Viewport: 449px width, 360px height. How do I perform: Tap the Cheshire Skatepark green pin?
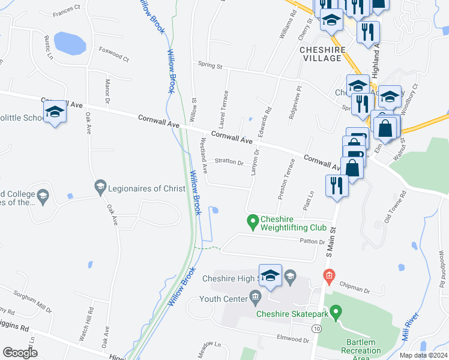tap(336, 311)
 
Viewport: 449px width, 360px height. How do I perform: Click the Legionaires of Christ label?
tap(146, 188)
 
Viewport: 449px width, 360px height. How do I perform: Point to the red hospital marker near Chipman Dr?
tap(328, 277)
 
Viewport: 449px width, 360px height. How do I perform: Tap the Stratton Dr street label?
tap(229, 162)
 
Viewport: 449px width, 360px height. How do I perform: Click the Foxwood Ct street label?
tap(114, 55)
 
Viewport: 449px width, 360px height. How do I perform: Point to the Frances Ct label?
tap(66, 11)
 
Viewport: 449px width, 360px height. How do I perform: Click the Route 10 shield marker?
tap(316, 329)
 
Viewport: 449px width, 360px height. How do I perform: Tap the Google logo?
tap(20, 353)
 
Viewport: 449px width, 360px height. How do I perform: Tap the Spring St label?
tap(211, 65)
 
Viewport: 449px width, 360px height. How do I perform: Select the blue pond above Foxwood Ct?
tap(70, 43)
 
